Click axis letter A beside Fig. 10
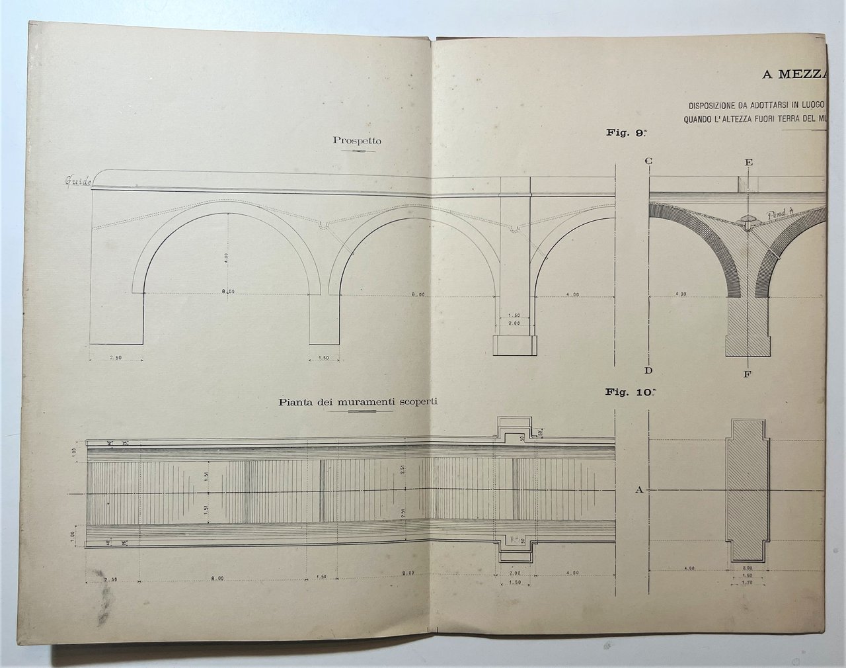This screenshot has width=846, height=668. click(638, 490)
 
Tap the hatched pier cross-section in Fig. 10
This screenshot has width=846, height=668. click(748, 489)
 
